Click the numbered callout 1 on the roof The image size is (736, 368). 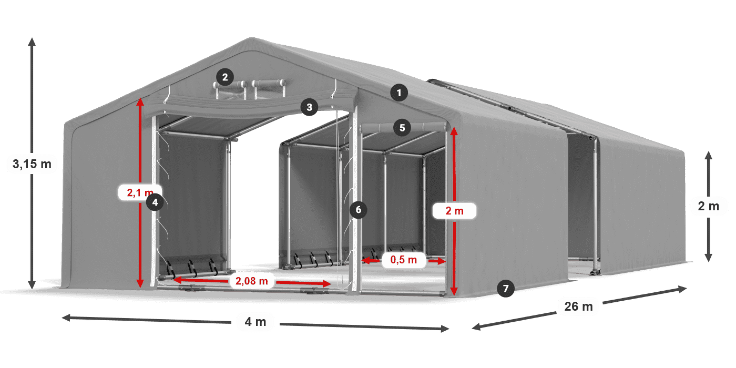pos(399,94)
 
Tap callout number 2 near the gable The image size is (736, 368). pos(224,78)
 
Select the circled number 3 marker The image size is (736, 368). pos(309,107)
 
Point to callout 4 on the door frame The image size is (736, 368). pos(155,202)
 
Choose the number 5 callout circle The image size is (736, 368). pos(402,127)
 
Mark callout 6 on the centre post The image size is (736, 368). pos(358,210)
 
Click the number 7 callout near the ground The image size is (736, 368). pos(505,288)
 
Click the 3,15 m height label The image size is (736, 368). pos(32,164)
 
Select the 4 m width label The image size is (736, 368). pos(255,322)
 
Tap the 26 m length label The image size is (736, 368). pos(578,306)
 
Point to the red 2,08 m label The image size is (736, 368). pos(252,281)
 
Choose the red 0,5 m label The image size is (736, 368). pos(403,260)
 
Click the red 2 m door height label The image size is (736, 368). pos(454,211)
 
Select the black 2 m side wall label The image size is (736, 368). pos(708,206)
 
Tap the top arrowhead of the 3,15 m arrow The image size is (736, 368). pos(32,40)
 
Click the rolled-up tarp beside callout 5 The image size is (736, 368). pos(426,127)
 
